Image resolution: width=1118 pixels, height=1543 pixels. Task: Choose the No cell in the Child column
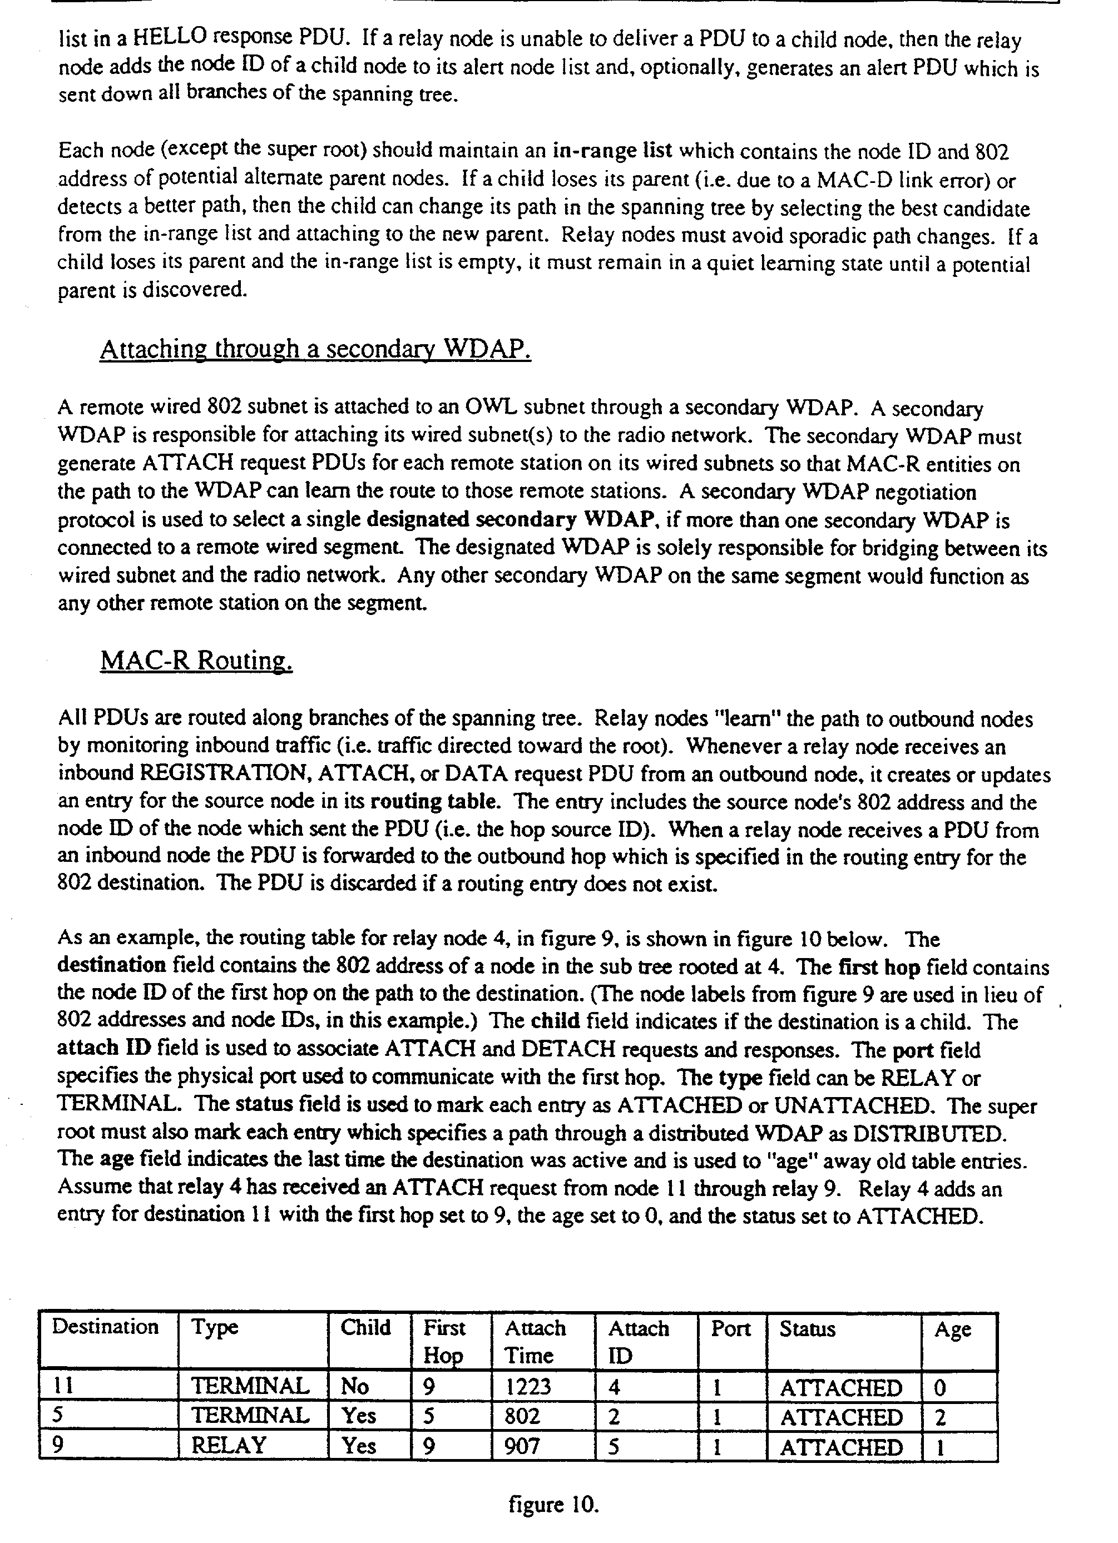pos(354,1386)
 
